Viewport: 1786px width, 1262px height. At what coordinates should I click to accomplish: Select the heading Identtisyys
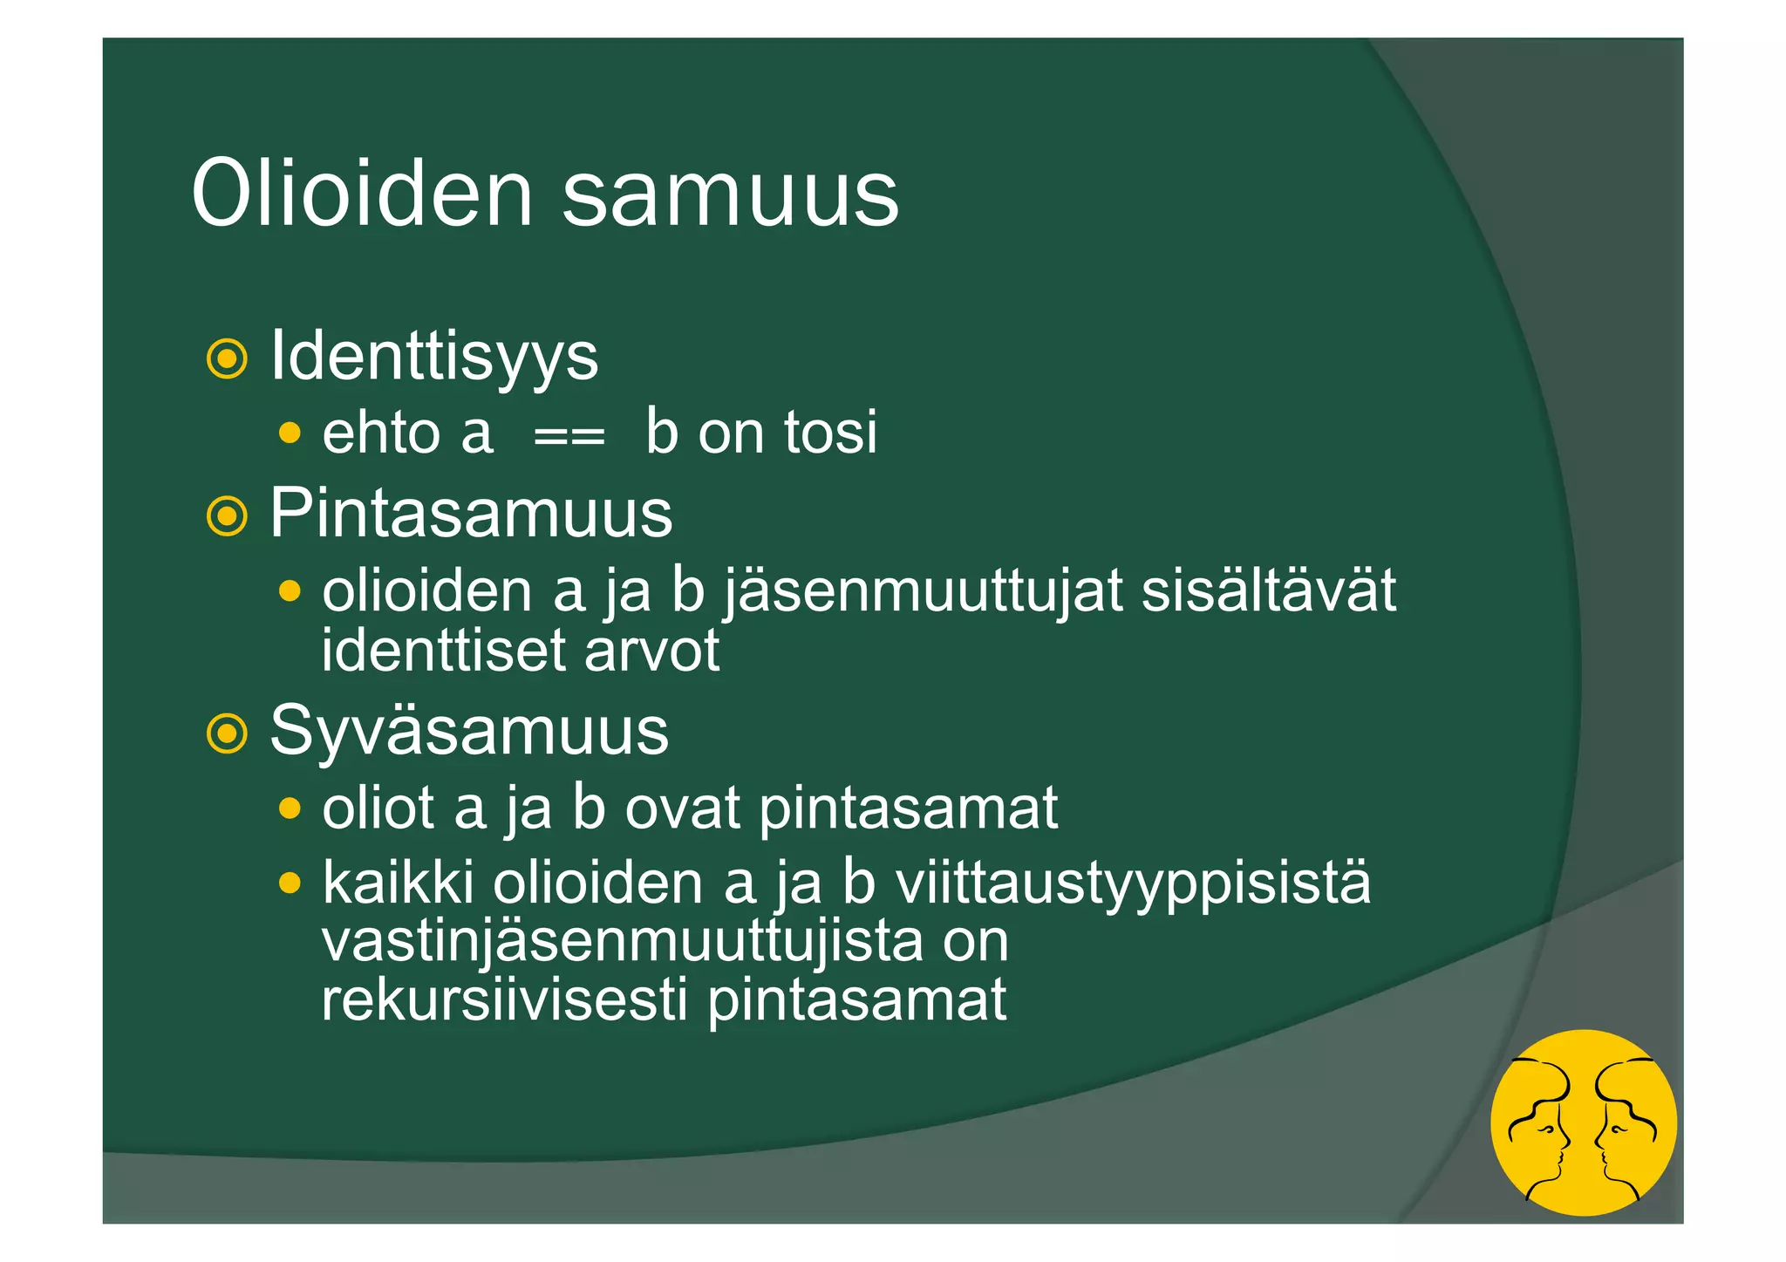click(x=434, y=356)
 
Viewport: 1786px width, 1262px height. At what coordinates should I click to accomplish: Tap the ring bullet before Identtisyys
click(x=227, y=358)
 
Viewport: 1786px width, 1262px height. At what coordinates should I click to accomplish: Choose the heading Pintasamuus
click(x=471, y=513)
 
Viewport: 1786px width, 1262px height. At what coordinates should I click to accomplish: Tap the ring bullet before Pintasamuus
click(x=227, y=516)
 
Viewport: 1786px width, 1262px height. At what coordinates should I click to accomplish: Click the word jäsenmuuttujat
click(x=923, y=591)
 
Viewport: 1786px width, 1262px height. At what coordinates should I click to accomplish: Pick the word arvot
click(x=651, y=651)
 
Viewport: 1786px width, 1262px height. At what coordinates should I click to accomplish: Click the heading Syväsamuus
click(x=469, y=731)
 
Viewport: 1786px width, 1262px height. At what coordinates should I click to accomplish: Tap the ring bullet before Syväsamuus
click(x=227, y=733)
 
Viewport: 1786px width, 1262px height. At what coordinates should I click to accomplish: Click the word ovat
click(x=683, y=808)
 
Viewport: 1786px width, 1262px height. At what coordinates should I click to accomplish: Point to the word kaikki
click(x=398, y=883)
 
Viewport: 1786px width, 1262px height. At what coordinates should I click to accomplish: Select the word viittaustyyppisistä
click(x=1133, y=884)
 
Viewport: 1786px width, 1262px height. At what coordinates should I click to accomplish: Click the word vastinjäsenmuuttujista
click(x=622, y=942)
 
